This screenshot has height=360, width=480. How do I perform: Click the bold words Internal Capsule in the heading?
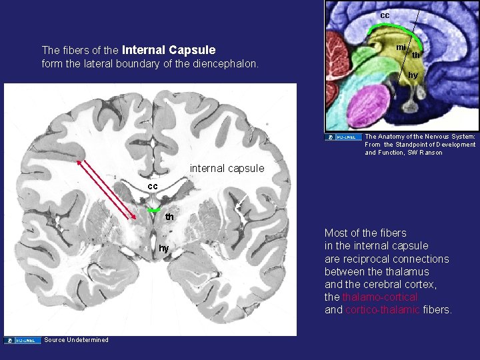tap(169, 50)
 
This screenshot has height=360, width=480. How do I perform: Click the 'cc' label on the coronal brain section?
tap(153, 186)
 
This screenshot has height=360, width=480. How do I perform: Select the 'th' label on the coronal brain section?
tap(170, 217)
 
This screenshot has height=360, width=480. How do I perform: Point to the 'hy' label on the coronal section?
tap(163, 248)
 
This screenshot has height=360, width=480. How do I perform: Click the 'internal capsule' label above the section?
tap(227, 168)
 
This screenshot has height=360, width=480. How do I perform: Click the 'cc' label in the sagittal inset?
tap(385, 15)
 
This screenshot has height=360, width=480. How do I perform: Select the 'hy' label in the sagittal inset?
tap(413, 75)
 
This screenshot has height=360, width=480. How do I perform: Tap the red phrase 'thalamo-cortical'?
tap(380, 297)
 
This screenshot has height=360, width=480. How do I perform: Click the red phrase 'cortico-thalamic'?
tap(382, 310)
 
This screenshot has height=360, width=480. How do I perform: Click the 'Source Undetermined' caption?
tap(76, 340)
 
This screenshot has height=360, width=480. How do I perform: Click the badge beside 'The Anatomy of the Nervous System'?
tap(343, 137)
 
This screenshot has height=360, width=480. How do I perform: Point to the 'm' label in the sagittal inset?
tap(400, 47)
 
